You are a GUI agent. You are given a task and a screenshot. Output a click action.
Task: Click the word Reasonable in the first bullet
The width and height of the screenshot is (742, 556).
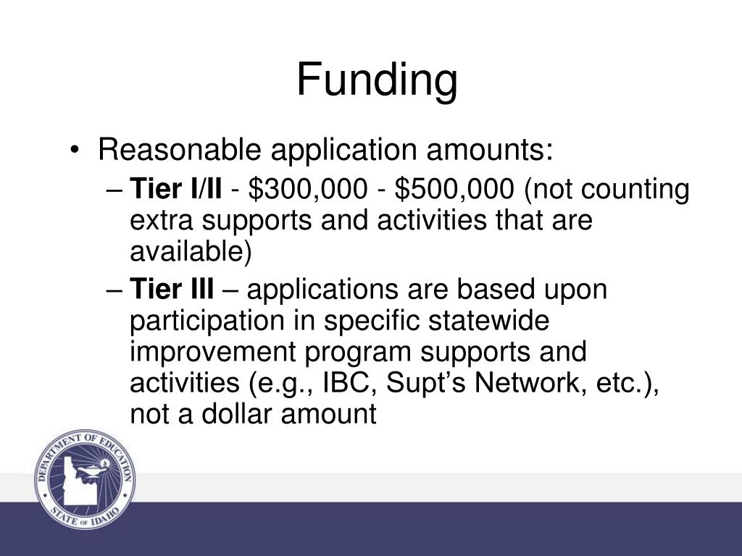[180, 149]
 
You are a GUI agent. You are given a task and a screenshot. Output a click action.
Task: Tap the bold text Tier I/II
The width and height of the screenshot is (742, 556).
[175, 189]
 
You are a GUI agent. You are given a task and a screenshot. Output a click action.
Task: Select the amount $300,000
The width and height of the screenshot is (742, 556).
[307, 189]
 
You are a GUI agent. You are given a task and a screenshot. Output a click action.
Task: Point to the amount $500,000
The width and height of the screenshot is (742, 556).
[454, 189]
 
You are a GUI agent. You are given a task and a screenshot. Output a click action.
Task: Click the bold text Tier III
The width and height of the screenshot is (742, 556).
[172, 289]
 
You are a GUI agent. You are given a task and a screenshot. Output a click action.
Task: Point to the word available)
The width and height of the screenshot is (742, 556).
[191, 251]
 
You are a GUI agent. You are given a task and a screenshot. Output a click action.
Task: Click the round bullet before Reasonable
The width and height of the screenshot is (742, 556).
[74, 151]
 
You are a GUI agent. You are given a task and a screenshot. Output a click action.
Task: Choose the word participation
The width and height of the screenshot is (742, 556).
[207, 321]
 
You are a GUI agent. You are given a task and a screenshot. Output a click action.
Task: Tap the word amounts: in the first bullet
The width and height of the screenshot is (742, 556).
[489, 151]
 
